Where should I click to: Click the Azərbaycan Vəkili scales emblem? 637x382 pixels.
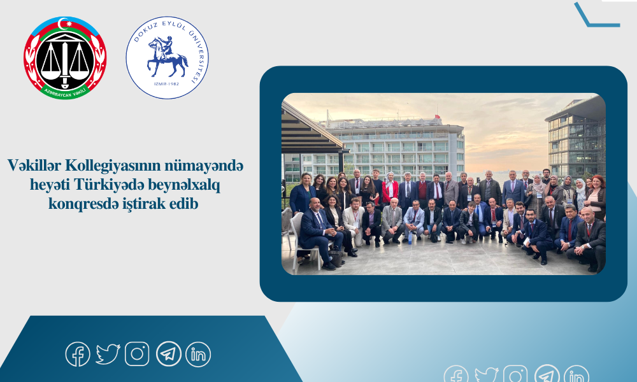65,58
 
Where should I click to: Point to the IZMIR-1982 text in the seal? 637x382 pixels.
167,83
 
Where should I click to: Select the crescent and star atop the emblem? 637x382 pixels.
64,24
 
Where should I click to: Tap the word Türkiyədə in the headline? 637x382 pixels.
109,185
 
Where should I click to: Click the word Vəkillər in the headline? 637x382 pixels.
34,166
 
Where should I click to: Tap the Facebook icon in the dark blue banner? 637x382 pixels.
78,354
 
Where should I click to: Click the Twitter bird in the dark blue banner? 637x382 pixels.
108,354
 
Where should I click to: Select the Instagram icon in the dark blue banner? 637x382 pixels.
137,354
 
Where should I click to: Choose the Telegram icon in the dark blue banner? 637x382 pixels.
169,354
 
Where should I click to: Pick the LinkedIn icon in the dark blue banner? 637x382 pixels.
198,354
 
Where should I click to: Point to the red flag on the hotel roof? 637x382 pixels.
438,117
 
